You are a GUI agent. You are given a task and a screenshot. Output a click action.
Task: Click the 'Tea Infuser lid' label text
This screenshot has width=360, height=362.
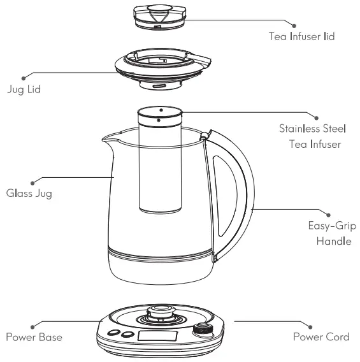coord(302,37)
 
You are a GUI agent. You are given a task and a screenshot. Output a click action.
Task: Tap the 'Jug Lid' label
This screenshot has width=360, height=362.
coord(24,90)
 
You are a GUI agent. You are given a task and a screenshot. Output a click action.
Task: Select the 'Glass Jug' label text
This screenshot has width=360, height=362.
coord(29,194)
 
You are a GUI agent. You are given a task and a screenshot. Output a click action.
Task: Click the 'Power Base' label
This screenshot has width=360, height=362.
coord(34,337)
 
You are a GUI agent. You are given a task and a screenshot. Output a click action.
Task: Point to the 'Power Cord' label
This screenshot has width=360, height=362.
coord(321,337)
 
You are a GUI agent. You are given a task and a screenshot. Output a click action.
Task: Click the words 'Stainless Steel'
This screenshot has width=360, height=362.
coord(312,129)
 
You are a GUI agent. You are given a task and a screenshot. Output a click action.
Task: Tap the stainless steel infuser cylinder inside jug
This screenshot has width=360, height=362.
coord(160,166)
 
